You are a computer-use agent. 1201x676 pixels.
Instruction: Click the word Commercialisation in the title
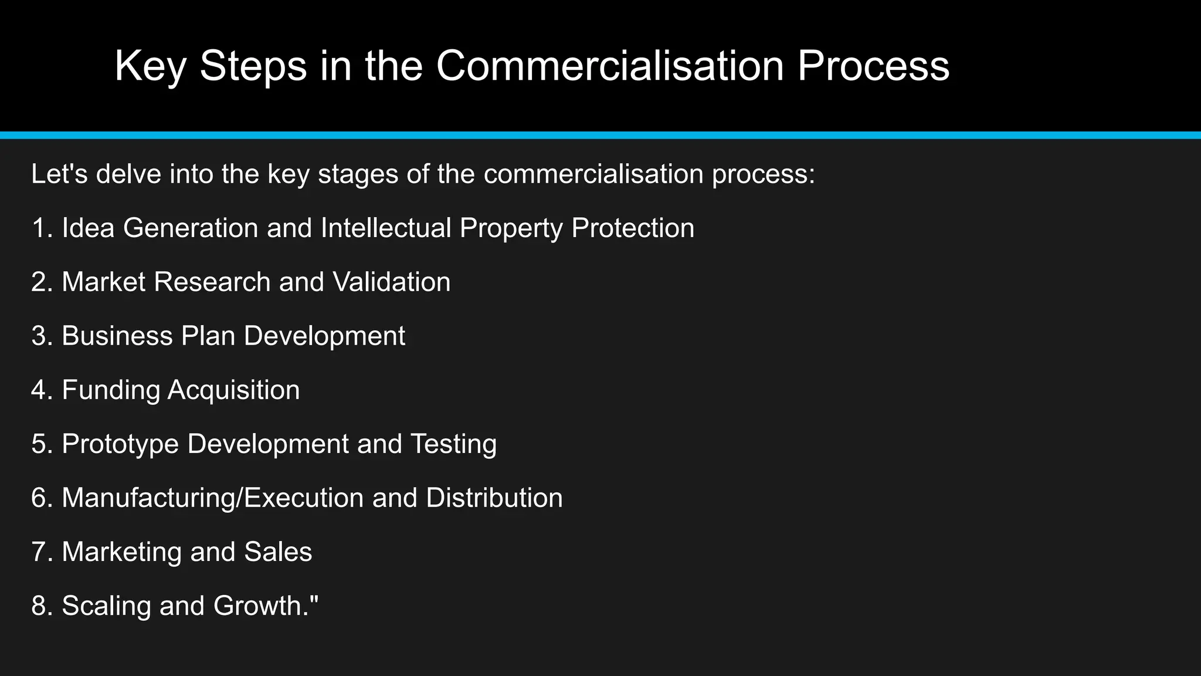[x=610, y=66]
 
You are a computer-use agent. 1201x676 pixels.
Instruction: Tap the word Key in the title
[x=150, y=66]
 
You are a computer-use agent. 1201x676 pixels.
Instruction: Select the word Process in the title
[x=873, y=66]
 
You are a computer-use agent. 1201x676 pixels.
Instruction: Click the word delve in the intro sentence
[x=128, y=174]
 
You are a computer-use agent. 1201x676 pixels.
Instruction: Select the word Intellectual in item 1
[x=386, y=228]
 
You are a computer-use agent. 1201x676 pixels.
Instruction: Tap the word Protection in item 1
[x=633, y=228]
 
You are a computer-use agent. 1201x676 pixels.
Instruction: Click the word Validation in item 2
[x=392, y=282]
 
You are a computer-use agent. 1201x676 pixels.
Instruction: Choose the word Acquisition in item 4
[x=233, y=390]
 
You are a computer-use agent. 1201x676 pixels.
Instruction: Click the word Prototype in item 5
[x=120, y=444]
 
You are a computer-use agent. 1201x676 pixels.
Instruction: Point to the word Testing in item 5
[x=453, y=444]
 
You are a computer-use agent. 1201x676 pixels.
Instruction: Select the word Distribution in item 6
[x=494, y=498]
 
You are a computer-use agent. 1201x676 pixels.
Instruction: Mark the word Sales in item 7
[x=278, y=552]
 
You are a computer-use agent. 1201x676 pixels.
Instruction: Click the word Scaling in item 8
[x=106, y=606]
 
